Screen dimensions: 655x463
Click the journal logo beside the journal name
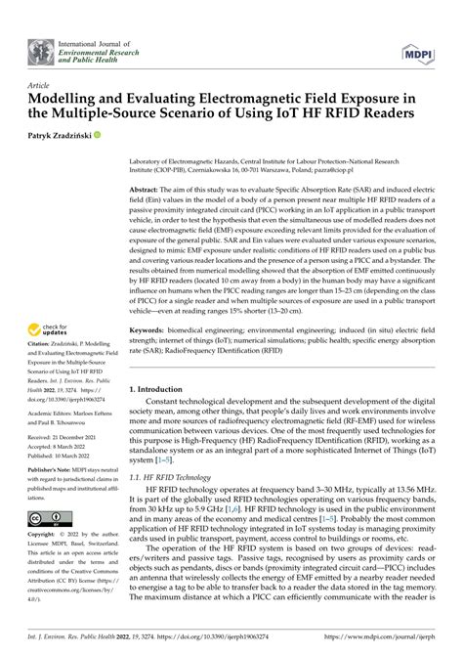click(42, 48)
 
